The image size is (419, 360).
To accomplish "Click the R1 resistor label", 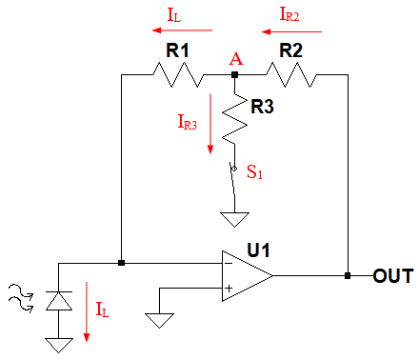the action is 177,50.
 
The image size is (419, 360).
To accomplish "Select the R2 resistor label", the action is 290,50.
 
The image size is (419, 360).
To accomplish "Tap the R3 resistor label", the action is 262,107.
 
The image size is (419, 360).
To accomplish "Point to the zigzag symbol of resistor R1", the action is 178,75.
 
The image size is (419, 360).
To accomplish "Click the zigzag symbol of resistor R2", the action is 291,75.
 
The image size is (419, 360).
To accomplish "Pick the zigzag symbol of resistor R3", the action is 234,119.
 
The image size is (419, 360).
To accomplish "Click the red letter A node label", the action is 236,59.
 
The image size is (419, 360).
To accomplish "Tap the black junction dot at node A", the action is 234,75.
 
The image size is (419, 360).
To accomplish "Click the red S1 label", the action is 254,172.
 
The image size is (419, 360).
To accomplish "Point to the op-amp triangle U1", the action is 247,275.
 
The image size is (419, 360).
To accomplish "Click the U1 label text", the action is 258,250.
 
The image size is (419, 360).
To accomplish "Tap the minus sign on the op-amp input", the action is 229,263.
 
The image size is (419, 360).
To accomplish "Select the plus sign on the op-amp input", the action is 229,289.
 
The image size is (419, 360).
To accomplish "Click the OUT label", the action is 393,275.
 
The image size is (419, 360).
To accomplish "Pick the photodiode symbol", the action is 59,300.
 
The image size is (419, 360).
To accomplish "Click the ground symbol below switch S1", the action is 234,220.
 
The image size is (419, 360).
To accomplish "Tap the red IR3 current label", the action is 188,122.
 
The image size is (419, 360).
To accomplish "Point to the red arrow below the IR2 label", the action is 291,31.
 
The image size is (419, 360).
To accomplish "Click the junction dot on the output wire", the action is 348,275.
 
